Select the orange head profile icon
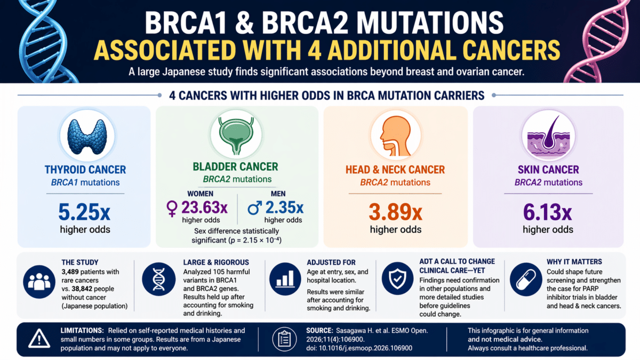[395, 135]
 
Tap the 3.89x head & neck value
[395, 212]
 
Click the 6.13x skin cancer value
[548, 212]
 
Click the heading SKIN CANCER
[548, 169]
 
